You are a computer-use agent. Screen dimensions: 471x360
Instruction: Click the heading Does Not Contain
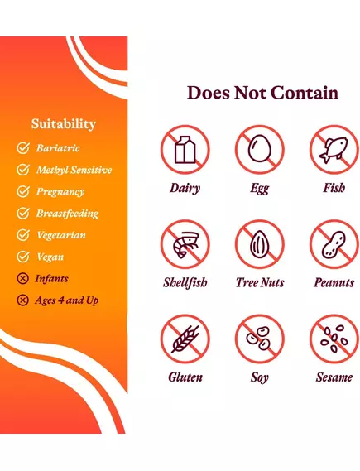click(262, 93)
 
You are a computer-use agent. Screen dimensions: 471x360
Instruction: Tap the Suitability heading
click(64, 124)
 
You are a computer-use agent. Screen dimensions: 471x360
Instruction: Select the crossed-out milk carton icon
click(185, 150)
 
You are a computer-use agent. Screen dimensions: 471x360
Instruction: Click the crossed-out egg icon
click(259, 150)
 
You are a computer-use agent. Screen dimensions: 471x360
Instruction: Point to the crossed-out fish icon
click(334, 150)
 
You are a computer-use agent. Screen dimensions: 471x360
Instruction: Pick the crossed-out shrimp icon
click(185, 244)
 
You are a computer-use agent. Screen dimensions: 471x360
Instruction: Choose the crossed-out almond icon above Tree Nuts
click(259, 244)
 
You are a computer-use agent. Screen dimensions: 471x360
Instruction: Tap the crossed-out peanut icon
click(334, 244)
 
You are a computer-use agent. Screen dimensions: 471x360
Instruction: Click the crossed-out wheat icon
click(185, 339)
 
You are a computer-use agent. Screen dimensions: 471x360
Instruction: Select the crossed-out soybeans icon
click(259, 339)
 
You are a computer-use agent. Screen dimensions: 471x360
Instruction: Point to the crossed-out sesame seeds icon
click(334, 339)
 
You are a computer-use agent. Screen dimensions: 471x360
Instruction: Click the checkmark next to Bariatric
click(23, 149)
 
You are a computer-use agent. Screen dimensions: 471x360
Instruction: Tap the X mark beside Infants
click(23, 279)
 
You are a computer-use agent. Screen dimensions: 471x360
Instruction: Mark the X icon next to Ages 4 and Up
click(23, 300)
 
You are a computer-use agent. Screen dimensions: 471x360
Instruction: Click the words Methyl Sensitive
click(74, 171)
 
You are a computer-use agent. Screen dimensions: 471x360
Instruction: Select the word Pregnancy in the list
click(60, 192)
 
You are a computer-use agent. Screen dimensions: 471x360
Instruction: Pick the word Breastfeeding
click(67, 214)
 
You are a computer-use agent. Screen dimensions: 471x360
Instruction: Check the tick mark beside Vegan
click(23, 257)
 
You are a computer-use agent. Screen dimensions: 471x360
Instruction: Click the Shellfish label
click(185, 283)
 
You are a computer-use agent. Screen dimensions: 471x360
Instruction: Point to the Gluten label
click(185, 377)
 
